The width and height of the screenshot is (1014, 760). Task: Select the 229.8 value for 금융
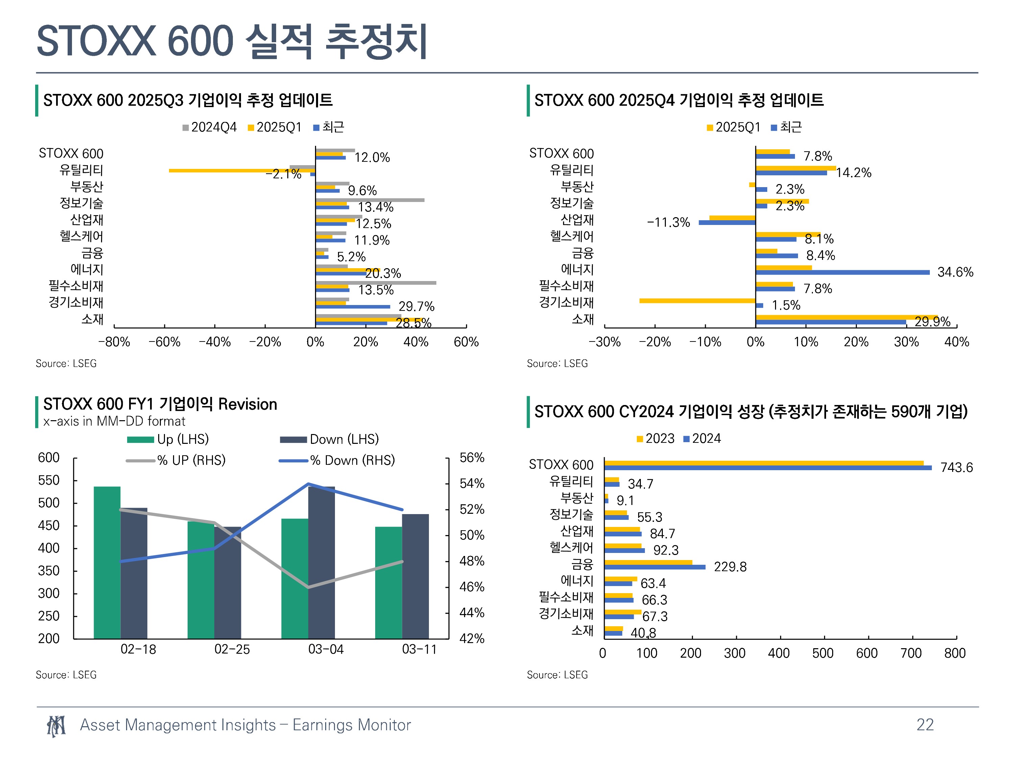(x=730, y=567)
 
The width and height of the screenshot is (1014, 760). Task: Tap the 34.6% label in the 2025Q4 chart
(x=955, y=272)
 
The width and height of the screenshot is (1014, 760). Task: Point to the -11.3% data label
(x=668, y=223)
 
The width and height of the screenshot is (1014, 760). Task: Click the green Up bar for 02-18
(x=107, y=562)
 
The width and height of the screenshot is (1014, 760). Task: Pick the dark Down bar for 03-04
(x=321, y=562)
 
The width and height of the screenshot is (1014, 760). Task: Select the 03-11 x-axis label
(x=419, y=649)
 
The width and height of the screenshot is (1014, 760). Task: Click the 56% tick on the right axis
(x=472, y=458)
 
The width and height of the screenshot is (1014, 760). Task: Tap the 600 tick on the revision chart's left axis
(x=49, y=458)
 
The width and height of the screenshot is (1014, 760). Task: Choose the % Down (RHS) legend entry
(x=337, y=460)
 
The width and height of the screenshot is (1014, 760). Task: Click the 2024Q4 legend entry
(x=210, y=127)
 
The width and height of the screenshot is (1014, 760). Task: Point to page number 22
(x=925, y=725)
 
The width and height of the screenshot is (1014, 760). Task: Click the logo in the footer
(x=56, y=726)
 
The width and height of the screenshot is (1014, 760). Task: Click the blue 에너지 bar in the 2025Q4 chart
(x=843, y=273)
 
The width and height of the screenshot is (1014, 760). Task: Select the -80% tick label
(x=114, y=342)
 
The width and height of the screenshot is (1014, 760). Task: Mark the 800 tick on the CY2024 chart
(x=955, y=653)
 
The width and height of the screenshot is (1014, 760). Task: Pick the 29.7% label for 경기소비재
(x=416, y=306)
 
